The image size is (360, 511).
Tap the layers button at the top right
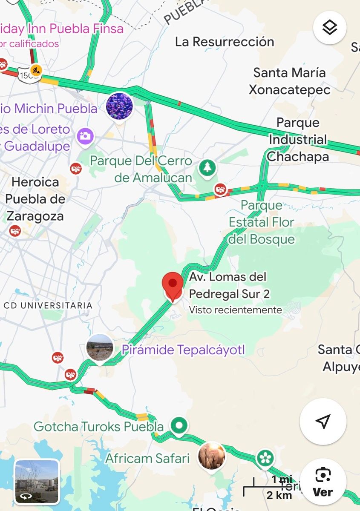coord(330,28)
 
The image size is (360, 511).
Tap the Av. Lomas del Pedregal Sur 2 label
coord(228,285)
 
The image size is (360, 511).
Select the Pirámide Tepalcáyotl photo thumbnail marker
coord(100,347)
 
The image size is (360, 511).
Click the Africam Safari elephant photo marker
coord(212,455)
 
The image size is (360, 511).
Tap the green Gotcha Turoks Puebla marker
coord(179,425)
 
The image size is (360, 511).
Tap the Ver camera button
coord(323,482)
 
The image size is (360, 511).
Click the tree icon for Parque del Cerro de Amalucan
coord(207,167)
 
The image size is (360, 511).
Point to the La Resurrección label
coord(225,42)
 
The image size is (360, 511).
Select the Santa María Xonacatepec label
coord(289,81)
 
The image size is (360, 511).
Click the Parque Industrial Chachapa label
coord(298,140)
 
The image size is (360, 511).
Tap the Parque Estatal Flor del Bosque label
coord(262,222)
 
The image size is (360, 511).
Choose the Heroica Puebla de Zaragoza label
coord(35,199)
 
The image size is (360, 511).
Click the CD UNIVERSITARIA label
coord(48,305)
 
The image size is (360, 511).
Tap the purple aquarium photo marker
coord(119,106)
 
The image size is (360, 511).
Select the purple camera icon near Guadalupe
coord(85,136)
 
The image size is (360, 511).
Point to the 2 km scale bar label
coord(279,495)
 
